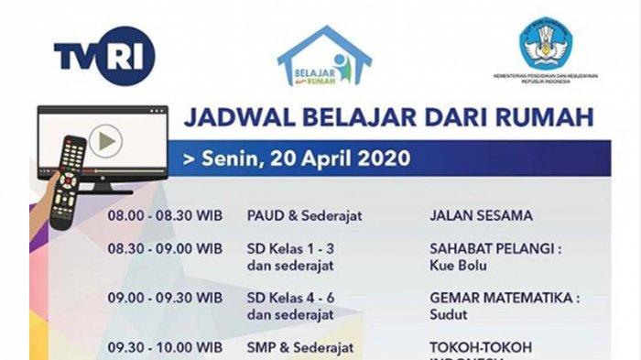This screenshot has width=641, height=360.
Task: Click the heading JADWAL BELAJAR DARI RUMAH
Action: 388,117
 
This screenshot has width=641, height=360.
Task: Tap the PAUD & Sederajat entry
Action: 305,216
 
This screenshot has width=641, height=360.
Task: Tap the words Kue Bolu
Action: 455,266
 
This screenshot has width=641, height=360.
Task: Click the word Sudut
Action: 448,314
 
